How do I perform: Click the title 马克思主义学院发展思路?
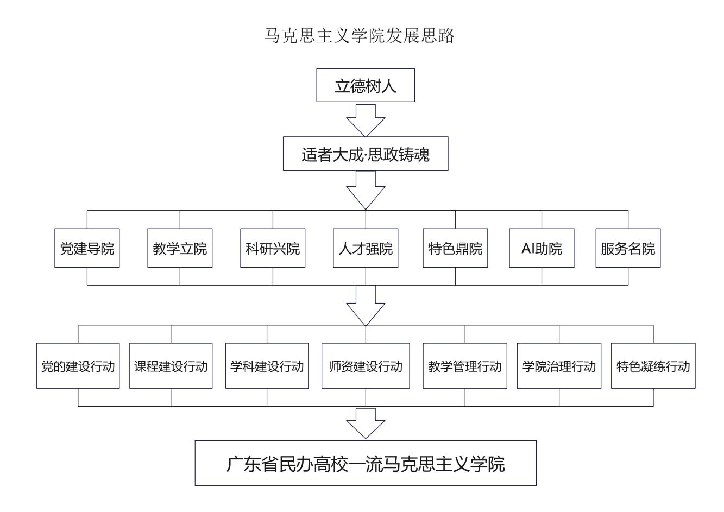pyautogui.click(x=360, y=35)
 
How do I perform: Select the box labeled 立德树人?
pyautogui.click(x=366, y=85)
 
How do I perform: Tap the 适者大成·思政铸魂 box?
pyautogui.click(x=366, y=154)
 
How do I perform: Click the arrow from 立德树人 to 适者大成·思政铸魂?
pyautogui.click(x=366, y=120)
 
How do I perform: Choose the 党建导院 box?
pyautogui.click(x=87, y=248)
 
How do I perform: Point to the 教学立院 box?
pyautogui.click(x=180, y=248)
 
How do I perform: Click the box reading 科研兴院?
pyautogui.click(x=273, y=248)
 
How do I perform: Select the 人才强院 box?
pyautogui.click(x=366, y=248)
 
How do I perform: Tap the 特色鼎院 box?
pyautogui.click(x=455, y=248)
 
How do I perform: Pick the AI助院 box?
pyautogui.click(x=542, y=248)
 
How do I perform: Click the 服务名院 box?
pyautogui.click(x=628, y=248)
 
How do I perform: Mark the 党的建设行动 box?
pyautogui.click(x=78, y=365)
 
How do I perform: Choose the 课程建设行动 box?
pyautogui.click(x=171, y=365)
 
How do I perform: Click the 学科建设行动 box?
pyautogui.click(x=267, y=365)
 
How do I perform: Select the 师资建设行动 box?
pyautogui.click(x=366, y=365)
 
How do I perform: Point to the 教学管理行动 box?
pyautogui.click(x=465, y=365)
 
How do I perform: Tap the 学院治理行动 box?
pyautogui.click(x=559, y=365)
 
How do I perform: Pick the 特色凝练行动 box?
pyautogui.click(x=653, y=365)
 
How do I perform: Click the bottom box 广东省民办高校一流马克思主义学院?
pyautogui.click(x=366, y=463)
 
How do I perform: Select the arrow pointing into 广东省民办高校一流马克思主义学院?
pyautogui.click(x=366, y=423)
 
